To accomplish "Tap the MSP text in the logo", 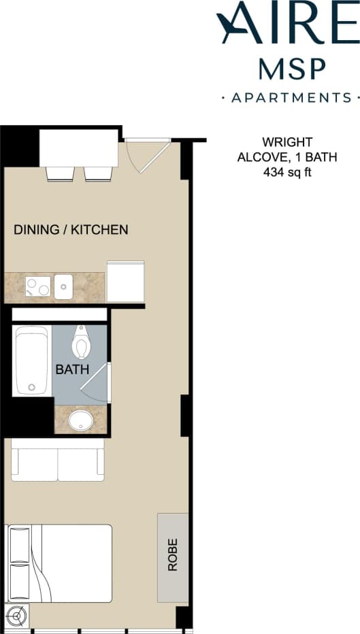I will click(292, 68).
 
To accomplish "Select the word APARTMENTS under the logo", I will click(291, 98).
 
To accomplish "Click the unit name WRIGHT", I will click(287, 142).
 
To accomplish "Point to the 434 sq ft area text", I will click(287, 172).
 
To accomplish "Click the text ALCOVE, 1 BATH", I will click(287, 157).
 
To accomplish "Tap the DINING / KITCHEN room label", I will click(71, 230).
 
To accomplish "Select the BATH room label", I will click(72, 370).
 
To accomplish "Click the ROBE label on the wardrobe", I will click(173, 554).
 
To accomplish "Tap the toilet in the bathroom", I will click(82, 342).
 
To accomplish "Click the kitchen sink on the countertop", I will click(63, 286).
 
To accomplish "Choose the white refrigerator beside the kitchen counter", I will click(125, 281).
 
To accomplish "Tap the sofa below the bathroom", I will click(58, 460).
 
